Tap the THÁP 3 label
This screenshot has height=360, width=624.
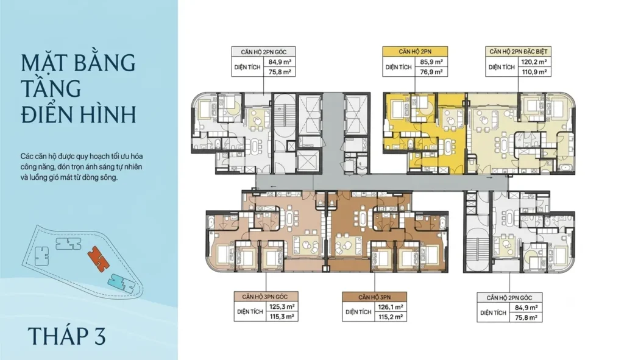click(67, 336)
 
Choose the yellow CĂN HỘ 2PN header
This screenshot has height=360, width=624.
click(415, 51)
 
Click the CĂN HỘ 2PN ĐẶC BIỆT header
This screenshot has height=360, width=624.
click(518, 51)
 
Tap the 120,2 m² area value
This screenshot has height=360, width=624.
click(534, 62)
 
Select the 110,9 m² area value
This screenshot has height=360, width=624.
click(534, 72)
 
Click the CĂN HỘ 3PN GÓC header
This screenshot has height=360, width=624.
click(266, 297)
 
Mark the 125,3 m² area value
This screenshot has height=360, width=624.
click(282, 307)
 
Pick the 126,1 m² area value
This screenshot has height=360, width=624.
click(391, 307)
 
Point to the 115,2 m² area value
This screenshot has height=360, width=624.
click(391, 317)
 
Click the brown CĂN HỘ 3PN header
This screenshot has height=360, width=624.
click(375, 297)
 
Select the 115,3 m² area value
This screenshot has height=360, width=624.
click(282, 317)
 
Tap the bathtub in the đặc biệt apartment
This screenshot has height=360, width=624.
click(565, 168)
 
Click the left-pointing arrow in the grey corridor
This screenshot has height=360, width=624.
click(273, 186)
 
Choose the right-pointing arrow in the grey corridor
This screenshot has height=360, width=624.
click(489, 178)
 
